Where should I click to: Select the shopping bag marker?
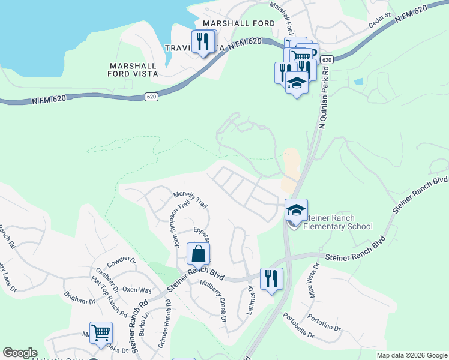[x=199, y=254]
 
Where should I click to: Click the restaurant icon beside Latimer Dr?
[x=271, y=279]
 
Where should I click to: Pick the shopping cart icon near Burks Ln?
[x=101, y=332]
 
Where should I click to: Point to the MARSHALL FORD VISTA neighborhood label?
[x=133, y=70]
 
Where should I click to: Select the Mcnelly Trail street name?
[x=191, y=200]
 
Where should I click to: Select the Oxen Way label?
[x=137, y=289]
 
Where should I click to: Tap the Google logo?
[x=20, y=353]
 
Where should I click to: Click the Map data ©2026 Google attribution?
[x=411, y=355]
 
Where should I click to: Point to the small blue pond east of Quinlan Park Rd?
[x=358, y=82]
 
